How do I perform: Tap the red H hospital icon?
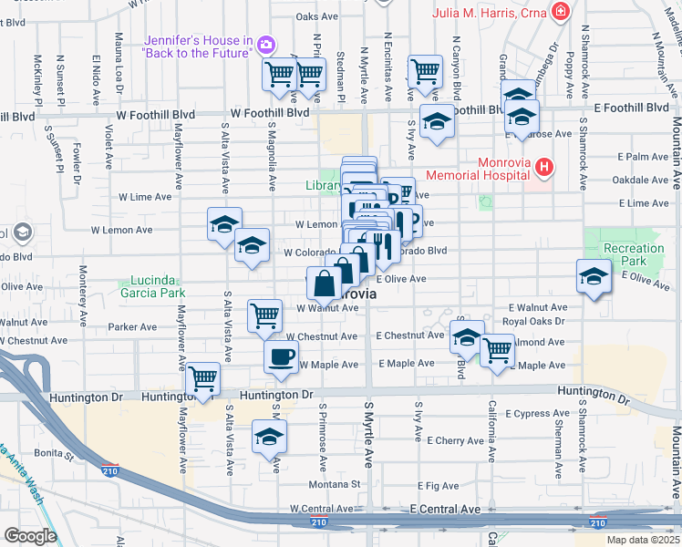tap(544, 167)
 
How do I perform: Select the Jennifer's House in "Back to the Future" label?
tap(197, 46)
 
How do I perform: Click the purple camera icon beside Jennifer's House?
tap(266, 44)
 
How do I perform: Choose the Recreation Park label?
tap(634, 255)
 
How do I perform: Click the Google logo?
tap(30, 536)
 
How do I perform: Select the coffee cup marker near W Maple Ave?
tap(281, 355)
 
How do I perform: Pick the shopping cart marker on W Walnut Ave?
tap(264, 315)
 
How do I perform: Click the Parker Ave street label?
tap(132, 326)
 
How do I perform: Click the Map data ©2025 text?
tap(644, 540)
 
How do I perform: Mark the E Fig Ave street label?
tap(438, 487)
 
